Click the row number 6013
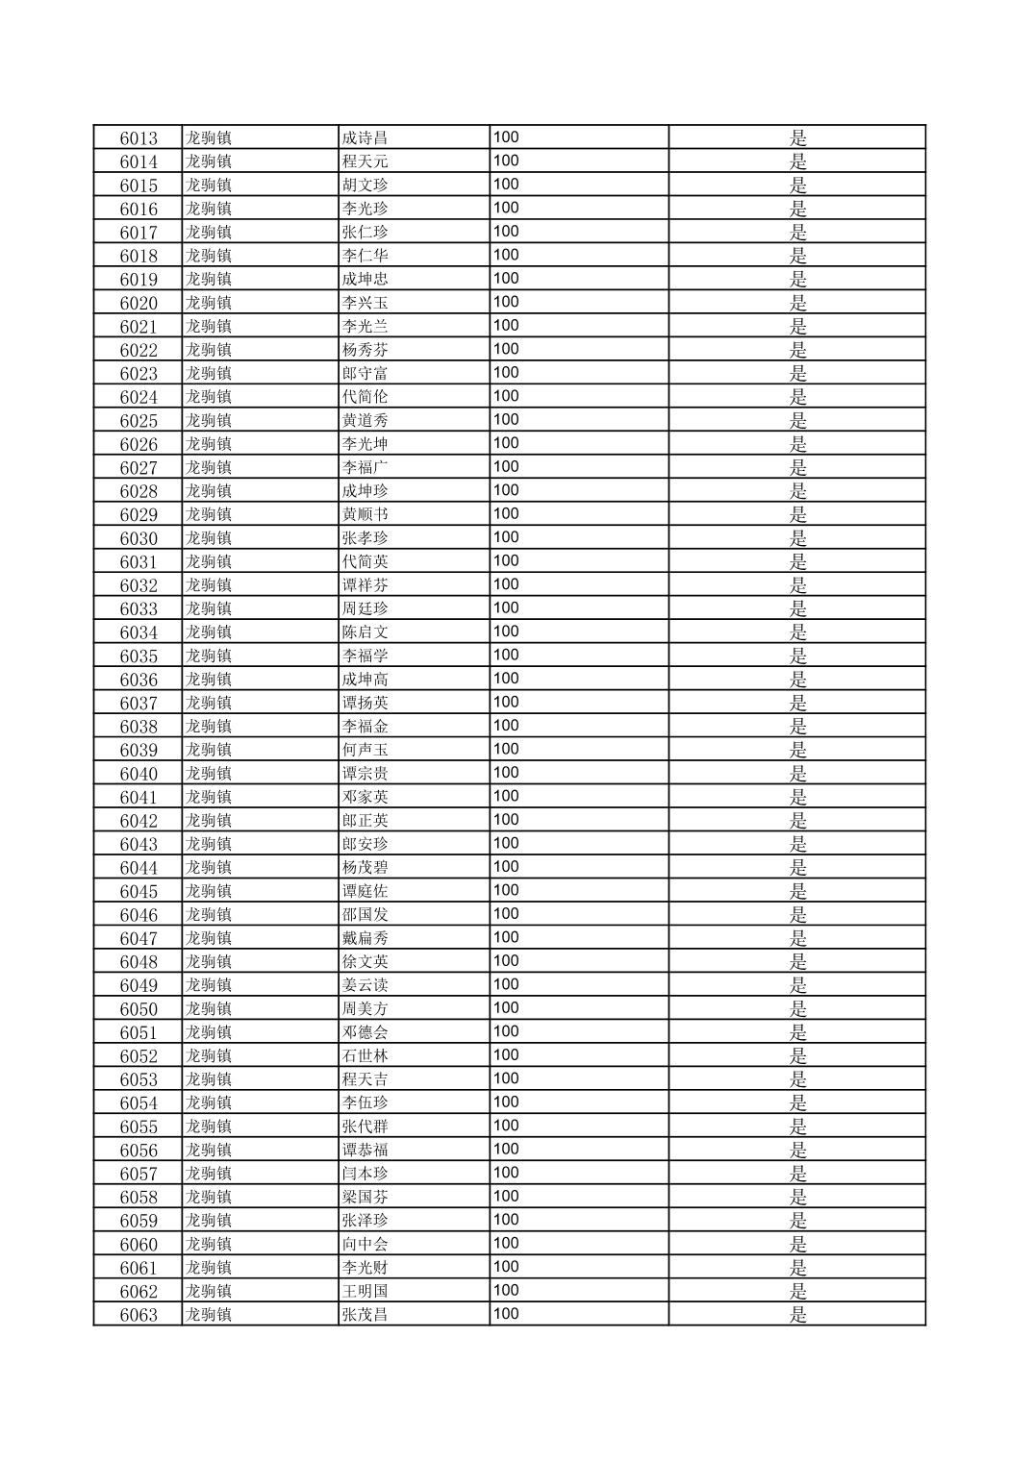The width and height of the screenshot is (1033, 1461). click(x=139, y=138)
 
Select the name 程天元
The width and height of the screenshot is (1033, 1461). click(x=365, y=161)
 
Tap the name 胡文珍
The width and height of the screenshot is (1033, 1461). click(x=365, y=186)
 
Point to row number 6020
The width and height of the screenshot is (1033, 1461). click(x=139, y=303)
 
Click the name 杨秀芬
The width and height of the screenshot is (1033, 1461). click(x=365, y=350)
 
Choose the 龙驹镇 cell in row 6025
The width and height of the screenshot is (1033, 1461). click(x=209, y=421)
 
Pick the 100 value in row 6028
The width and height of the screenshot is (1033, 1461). click(x=506, y=490)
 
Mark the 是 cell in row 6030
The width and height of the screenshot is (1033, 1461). click(x=797, y=538)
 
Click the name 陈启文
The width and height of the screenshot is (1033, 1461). click(x=365, y=632)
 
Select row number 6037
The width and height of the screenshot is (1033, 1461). click(x=139, y=704)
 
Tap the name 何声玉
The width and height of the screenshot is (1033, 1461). click(x=365, y=750)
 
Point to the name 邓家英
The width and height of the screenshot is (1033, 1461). click(x=365, y=797)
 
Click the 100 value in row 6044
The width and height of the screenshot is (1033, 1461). click(x=506, y=867)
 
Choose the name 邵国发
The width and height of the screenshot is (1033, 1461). click(x=365, y=915)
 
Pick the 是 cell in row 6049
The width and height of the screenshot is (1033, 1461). click(x=797, y=985)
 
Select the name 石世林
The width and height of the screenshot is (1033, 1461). click(x=365, y=1056)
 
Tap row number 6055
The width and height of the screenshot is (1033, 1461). click(x=139, y=1127)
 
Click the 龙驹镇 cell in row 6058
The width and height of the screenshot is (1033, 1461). click(x=209, y=1198)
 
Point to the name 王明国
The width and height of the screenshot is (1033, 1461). click(x=365, y=1291)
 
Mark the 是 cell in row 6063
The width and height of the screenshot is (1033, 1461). click(x=797, y=1315)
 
